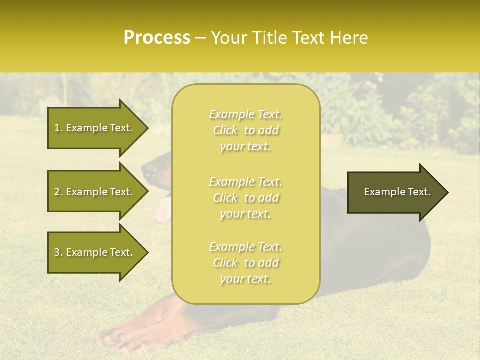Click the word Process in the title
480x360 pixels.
(157, 38)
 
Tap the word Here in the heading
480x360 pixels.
(348, 38)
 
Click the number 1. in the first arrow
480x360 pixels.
(58, 128)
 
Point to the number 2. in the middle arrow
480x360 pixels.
(58, 192)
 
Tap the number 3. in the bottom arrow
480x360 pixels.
(58, 252)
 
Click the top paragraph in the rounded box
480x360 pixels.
(245, 130)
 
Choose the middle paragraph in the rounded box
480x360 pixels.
(245, 197)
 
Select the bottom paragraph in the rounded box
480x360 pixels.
(245, 263)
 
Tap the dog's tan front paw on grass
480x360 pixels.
(120, 336)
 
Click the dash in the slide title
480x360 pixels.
(200, 38)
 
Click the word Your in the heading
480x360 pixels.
(227, 38)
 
